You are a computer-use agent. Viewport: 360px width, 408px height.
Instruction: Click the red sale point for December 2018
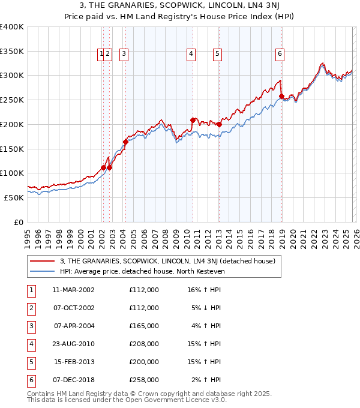click(x=281, y=95)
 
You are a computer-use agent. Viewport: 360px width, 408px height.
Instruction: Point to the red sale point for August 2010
click(x=193, y=120)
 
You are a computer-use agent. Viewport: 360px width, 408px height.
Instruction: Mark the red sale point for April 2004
click(x=125, y=142)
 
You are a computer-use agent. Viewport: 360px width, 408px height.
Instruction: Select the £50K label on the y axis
click(x=14, y=197)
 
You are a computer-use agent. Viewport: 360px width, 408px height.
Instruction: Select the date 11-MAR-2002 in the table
click(x=73, y=290)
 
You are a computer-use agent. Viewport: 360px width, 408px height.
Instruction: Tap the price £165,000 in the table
click(x=143, y=326)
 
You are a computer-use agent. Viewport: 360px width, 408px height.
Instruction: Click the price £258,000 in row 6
click(x=143, y=380)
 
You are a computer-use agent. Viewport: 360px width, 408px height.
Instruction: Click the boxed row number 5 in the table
click(x=30, y=362)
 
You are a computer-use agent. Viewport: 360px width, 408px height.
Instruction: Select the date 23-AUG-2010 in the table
click(x=73, y=344)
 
